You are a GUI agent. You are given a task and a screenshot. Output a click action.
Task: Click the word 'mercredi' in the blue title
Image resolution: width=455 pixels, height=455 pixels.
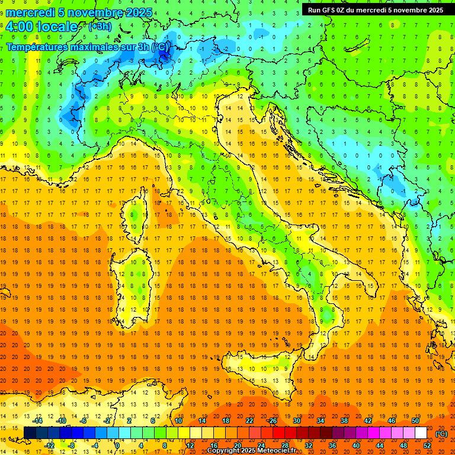[x=30, y=12]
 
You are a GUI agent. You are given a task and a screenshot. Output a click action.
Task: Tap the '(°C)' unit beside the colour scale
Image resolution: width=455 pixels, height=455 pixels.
[x=441, y=434]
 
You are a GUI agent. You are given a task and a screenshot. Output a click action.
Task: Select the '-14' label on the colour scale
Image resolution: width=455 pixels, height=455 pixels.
[x=39, y=421]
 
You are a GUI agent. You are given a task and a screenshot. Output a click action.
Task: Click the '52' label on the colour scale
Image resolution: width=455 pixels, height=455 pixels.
[x=427, y=446]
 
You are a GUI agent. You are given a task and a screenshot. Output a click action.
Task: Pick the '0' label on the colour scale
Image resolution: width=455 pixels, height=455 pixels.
[x=117, y=446]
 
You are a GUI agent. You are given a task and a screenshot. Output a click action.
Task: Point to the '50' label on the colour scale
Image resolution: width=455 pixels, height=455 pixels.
[x=415, y=421]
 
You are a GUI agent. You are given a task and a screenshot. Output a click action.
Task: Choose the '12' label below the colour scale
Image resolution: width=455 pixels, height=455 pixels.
[x=190, y=446]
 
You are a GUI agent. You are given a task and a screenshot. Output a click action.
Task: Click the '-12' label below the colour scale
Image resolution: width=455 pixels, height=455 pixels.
[x=50, y=446]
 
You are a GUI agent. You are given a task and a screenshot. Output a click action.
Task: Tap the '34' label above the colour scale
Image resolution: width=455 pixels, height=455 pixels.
[x=321, y=421]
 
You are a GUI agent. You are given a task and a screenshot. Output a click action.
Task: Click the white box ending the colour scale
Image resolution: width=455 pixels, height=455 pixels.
[x=421, y=433]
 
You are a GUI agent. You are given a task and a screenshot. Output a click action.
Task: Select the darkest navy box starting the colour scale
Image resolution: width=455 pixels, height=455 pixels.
[x=30, y=433]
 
